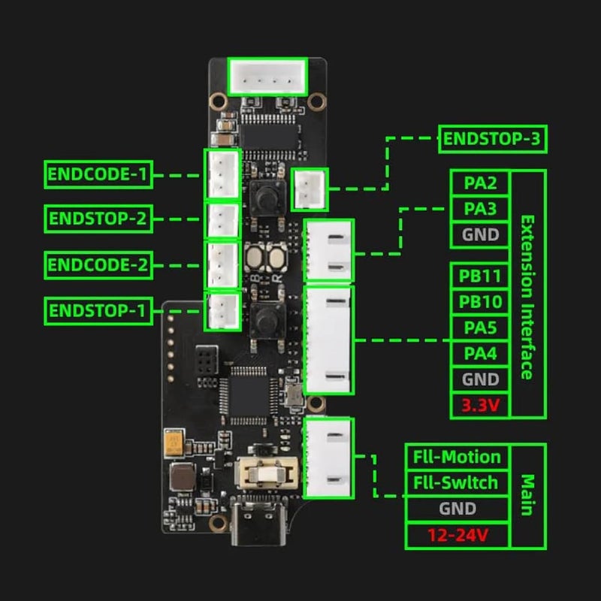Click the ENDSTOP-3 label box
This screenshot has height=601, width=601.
(x=493, y=139)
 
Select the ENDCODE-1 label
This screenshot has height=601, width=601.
(x=98, y=174)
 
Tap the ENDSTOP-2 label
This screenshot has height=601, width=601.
(x=98, y=219)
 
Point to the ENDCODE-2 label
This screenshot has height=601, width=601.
(x=98, y=265)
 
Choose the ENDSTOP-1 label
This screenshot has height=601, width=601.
(x=98, y=310)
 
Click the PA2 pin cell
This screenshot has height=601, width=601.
(x=480, y=183)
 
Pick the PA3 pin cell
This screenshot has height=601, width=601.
(x=480, y=209)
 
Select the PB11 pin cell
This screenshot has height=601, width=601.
(x=480, y=276)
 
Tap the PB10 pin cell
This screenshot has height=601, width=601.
(x=480, y=302)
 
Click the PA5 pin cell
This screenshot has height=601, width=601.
(x=480, y=328)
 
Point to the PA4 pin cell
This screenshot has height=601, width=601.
(x=480, y=353)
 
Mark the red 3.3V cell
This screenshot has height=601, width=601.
(x=480, y=405)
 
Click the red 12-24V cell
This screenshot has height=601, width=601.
(x=458, y=535)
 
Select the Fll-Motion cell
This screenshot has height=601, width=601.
(x=458, y=457)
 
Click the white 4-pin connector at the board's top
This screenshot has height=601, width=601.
(x=267, y=77)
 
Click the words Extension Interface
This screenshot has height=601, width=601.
(x=528, y=297)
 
